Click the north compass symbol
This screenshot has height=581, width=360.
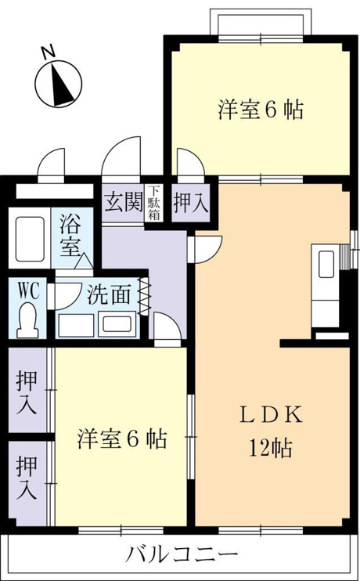[59, 84]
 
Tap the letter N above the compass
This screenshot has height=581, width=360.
[49, 52]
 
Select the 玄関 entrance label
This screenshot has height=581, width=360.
[124, 202]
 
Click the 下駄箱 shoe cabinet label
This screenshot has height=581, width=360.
[154, 203]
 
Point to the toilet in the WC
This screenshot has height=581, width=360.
[27, 319]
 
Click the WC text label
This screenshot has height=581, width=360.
[28, 291]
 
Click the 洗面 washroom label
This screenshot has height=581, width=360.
[109, 295]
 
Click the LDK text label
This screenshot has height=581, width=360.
[271, 415]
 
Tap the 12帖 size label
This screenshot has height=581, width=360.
[271, 448]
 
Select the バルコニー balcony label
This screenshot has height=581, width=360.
[181, 554]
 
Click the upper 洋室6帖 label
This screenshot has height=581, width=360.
[261, 110]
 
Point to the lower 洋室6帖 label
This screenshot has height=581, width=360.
[122, 438]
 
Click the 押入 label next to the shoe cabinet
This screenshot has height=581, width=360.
[191, 204]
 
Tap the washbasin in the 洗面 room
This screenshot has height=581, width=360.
[117, 324]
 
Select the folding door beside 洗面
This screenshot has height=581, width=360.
[143, 296]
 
